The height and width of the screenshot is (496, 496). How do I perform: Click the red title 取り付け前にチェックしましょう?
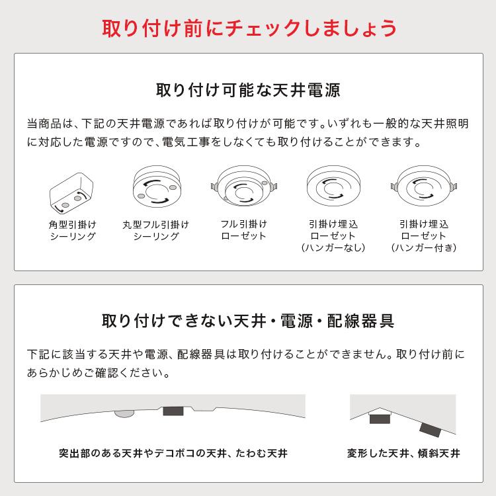pos(248,28)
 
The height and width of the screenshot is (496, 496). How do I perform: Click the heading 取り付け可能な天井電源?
pos(248,90)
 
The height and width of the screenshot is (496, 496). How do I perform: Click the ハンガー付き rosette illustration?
pos(424,185)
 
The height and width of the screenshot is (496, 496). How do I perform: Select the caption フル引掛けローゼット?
pos(243,230)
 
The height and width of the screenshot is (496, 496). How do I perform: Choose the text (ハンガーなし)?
pos(333,249)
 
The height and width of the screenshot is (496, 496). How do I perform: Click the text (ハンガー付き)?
pos(424,249)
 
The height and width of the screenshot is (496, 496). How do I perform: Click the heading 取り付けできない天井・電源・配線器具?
pos(248,322)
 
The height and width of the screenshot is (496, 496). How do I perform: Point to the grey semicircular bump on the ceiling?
pos(124,413)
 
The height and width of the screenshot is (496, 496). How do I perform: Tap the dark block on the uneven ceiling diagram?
pos(173,411)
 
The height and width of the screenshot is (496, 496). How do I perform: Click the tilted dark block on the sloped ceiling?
pos(431,429)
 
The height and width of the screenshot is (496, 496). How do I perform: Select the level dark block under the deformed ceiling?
pos(380,418)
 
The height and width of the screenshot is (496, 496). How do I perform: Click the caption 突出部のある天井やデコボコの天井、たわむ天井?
pos(173,454)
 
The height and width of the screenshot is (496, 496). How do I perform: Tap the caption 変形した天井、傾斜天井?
pos(403,454)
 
